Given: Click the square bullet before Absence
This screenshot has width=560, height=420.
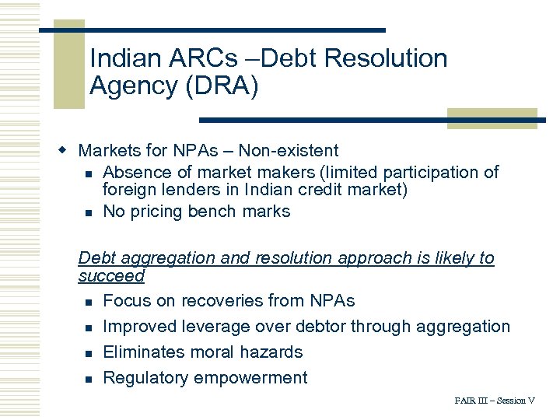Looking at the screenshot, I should click(x=89, y=173).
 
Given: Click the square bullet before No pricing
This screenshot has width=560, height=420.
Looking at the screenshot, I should click(x=89, y=212).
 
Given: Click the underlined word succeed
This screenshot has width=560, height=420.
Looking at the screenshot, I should click(x=111, y=276).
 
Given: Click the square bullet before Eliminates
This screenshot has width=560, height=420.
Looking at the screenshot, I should click(x=89, y=353).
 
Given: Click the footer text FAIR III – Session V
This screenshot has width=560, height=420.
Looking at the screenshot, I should click(x=495, y=401).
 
